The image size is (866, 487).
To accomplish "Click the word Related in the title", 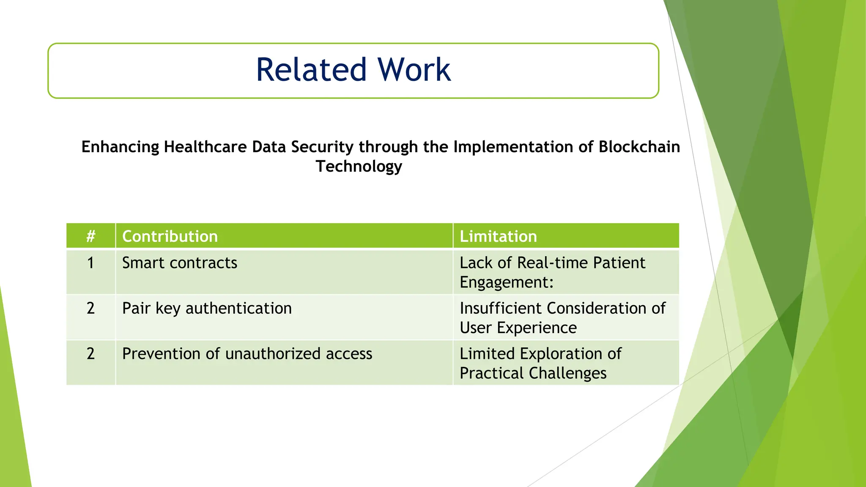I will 311,70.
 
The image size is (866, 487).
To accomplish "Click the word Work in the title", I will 414,70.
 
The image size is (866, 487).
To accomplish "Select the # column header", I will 90,236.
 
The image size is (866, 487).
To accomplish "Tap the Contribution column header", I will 170,236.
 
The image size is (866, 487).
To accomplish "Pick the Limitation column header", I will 498,236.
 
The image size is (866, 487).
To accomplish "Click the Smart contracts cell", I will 180,263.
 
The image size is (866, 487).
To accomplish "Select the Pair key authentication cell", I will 207,308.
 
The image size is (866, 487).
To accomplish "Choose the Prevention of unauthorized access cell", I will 247,354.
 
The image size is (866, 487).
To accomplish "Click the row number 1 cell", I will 90,263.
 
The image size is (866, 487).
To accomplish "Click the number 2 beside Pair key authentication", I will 90,308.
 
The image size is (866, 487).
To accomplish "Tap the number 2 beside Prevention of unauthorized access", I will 90,354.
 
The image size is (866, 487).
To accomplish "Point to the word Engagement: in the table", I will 507,282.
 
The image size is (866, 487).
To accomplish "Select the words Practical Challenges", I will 533,373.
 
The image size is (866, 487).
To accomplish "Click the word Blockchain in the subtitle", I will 639,147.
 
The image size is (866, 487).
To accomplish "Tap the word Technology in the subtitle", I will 359,166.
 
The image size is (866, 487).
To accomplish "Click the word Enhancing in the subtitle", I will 120,147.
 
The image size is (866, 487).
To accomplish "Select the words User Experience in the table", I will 518,328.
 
